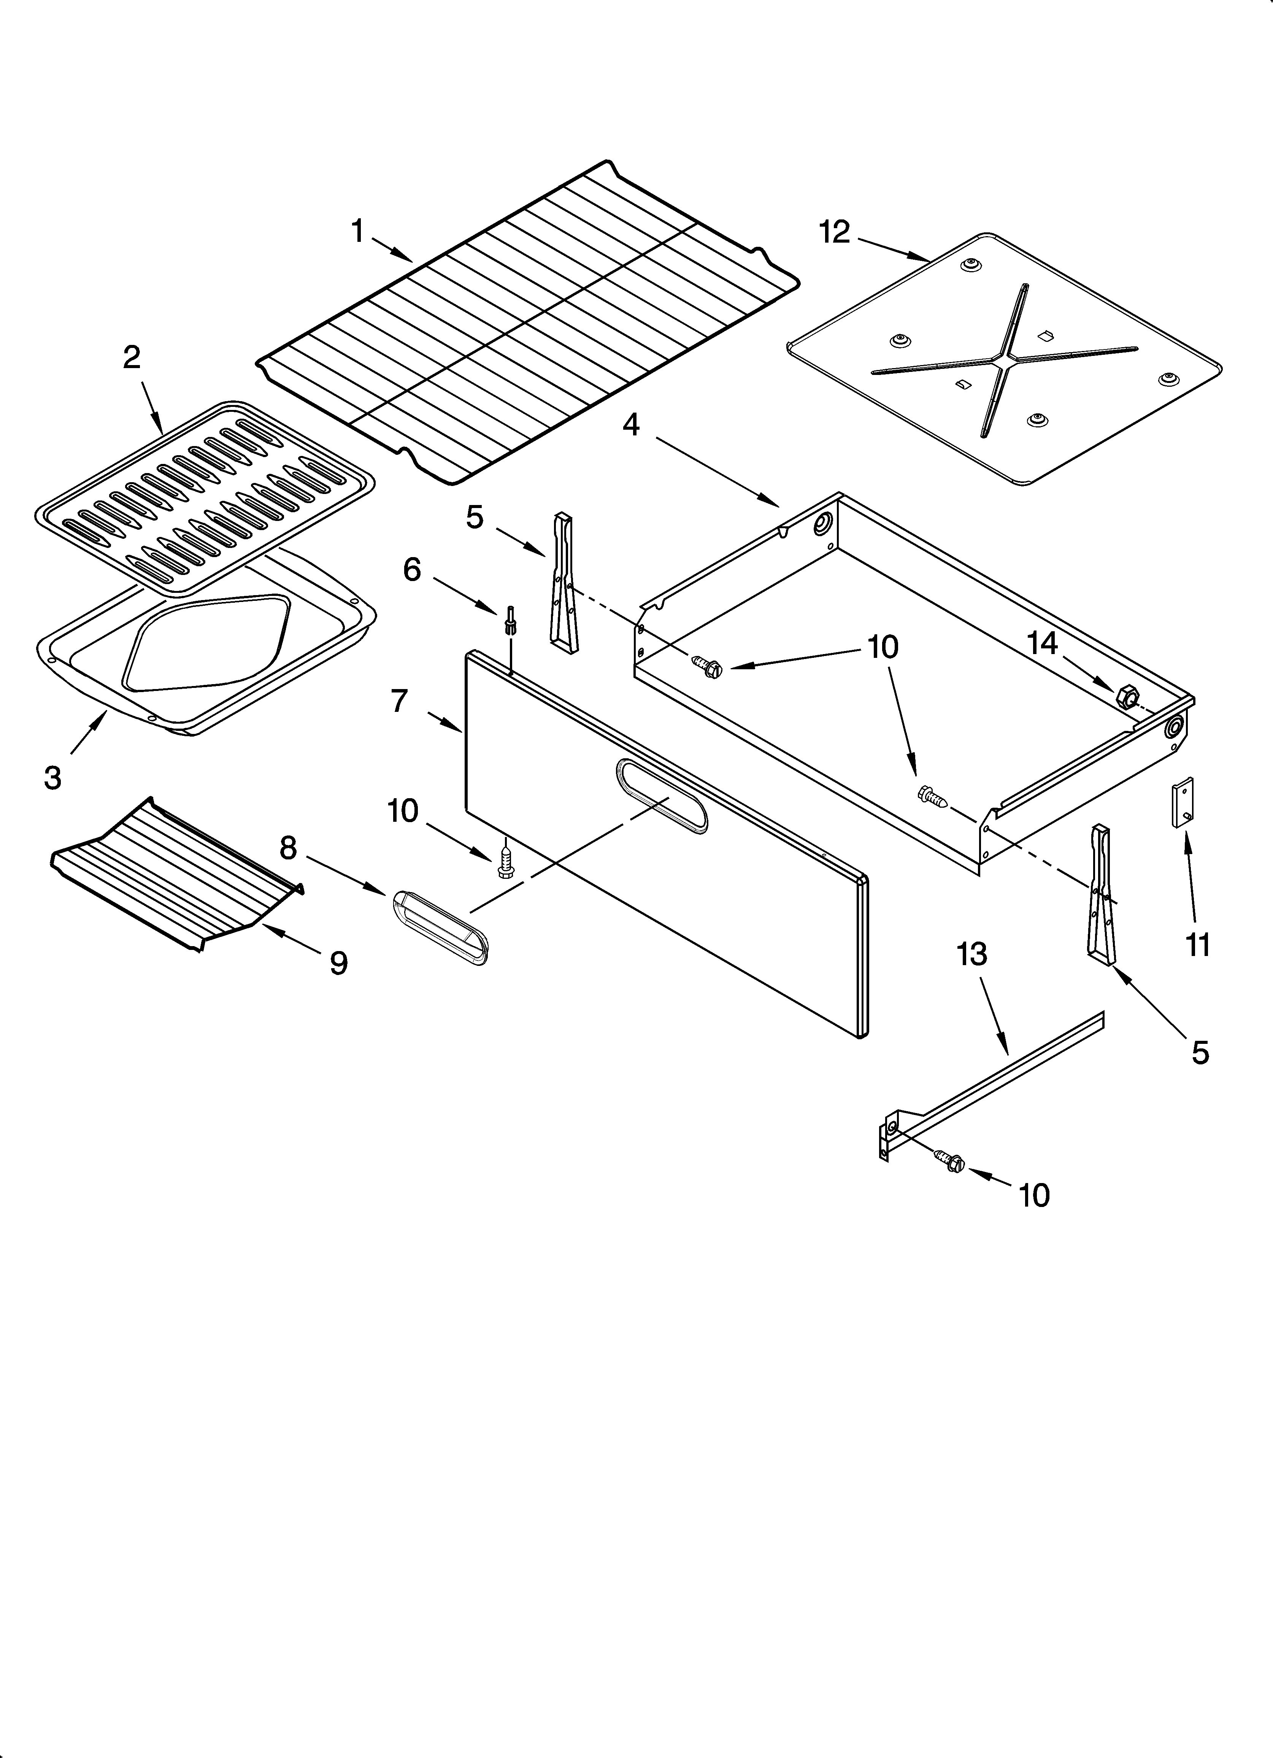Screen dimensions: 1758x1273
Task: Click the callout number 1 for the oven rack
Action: point(357,231)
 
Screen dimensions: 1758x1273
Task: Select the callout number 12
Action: point(835,232)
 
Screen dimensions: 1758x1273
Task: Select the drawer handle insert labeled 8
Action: point(441,928)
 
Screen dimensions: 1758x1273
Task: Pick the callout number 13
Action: point(972,954)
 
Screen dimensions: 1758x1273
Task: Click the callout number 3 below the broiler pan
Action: point(53,777)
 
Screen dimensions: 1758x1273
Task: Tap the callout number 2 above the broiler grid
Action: point(132,357)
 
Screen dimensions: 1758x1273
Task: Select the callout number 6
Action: point(412,570)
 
